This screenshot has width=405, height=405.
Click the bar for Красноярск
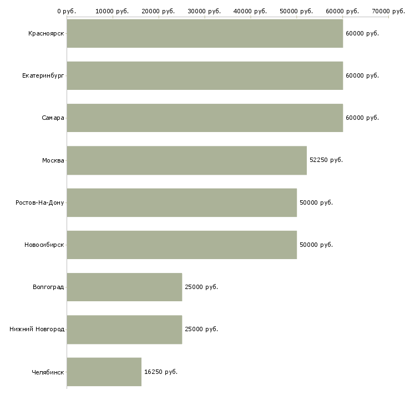click(205, 33)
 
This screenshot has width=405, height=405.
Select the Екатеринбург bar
click(205, 75)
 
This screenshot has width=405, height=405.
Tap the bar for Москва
click(186, 160)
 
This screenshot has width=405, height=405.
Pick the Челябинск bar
click(104, 372)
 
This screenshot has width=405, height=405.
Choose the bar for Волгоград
click(124, 287)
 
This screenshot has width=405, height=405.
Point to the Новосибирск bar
click(181, 245)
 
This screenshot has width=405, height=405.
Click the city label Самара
click(53, 118)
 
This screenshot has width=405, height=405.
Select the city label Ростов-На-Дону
click(40, 202)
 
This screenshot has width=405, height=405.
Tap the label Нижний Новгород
click(37, 329)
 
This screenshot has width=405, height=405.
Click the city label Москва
click(53, 160)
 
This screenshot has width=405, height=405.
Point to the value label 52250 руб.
click(326, 160)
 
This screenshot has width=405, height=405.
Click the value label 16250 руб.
click(161, 372)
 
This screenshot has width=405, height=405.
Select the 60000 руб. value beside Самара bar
click(362, 118)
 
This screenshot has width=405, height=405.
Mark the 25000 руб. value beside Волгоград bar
click(201, 287)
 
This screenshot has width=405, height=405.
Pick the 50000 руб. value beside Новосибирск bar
click(316, 245)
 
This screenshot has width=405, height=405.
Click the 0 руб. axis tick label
click(67, 11)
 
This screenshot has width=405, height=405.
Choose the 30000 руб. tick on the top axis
click(205, 11)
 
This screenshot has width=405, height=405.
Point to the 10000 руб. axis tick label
click(113, 11)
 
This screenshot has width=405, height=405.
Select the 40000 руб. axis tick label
click(251, 11)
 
